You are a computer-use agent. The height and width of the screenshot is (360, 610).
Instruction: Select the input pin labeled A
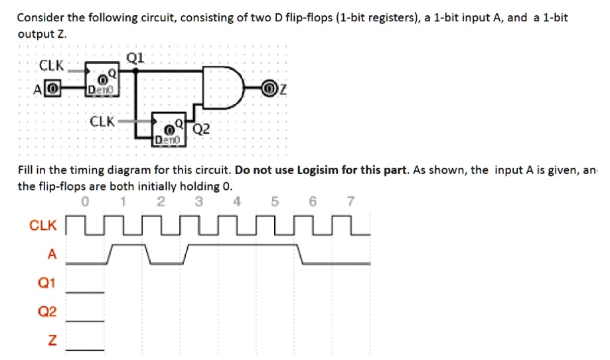pos(54,88)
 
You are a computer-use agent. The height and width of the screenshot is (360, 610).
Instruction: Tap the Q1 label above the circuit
pos(135,57)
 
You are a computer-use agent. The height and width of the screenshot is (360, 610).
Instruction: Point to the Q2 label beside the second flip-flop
pos(202,129)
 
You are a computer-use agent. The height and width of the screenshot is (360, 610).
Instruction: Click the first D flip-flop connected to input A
pos(102,80)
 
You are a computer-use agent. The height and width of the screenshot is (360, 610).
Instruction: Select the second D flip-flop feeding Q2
pos(169,129)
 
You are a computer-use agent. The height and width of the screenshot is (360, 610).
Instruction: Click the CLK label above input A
pos(52,65)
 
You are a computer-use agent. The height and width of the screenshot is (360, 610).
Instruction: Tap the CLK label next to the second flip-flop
pos(102,122)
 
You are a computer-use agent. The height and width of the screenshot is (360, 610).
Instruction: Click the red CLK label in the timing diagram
pos(43,226)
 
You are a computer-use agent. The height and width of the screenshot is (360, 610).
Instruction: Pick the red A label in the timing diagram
pos(52,254)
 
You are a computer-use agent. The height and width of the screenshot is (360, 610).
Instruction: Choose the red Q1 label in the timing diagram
pos(47,284)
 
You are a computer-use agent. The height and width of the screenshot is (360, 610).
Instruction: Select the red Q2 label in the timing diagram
pos(47,312)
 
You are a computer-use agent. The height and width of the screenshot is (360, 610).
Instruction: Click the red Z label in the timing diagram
pos(52,341)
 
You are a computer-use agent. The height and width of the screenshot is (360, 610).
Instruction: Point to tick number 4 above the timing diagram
pos(238,202)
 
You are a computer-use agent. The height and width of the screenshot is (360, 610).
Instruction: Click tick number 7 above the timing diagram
pos(351,202)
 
